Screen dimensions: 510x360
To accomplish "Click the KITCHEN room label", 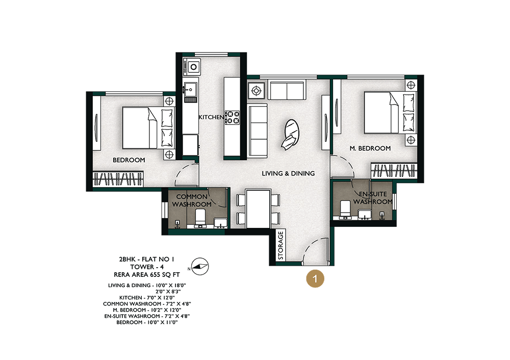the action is tap(212, 117).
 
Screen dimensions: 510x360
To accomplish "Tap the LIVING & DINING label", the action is tap(288, 173).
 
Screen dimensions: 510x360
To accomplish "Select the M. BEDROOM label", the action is tap(370, 148).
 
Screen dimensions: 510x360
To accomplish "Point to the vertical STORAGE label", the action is tap(280, 246).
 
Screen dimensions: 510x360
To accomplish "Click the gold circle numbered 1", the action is tap(315, 278).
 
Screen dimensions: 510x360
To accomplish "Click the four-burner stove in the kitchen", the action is tap(233, 117).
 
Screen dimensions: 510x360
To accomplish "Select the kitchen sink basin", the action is tap(190, 88).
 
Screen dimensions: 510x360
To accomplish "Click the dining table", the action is tap(258, 209).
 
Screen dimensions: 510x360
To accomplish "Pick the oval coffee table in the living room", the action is tap(291, 133).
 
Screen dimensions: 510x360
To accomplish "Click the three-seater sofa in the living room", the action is tap(258, 131).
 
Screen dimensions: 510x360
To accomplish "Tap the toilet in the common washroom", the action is tap(200, 218).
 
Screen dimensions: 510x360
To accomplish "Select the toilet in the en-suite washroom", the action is tap(345, 209).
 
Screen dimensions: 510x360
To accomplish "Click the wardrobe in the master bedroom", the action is tap(394, 170).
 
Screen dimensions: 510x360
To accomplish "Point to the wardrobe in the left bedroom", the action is tap(118, 179).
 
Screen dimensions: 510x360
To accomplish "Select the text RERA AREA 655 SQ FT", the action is tap(147, 274).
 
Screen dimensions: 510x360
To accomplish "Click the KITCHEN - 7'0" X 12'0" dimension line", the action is tap(147, 298).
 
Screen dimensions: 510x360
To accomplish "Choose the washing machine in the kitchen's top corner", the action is tap(192, 67).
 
